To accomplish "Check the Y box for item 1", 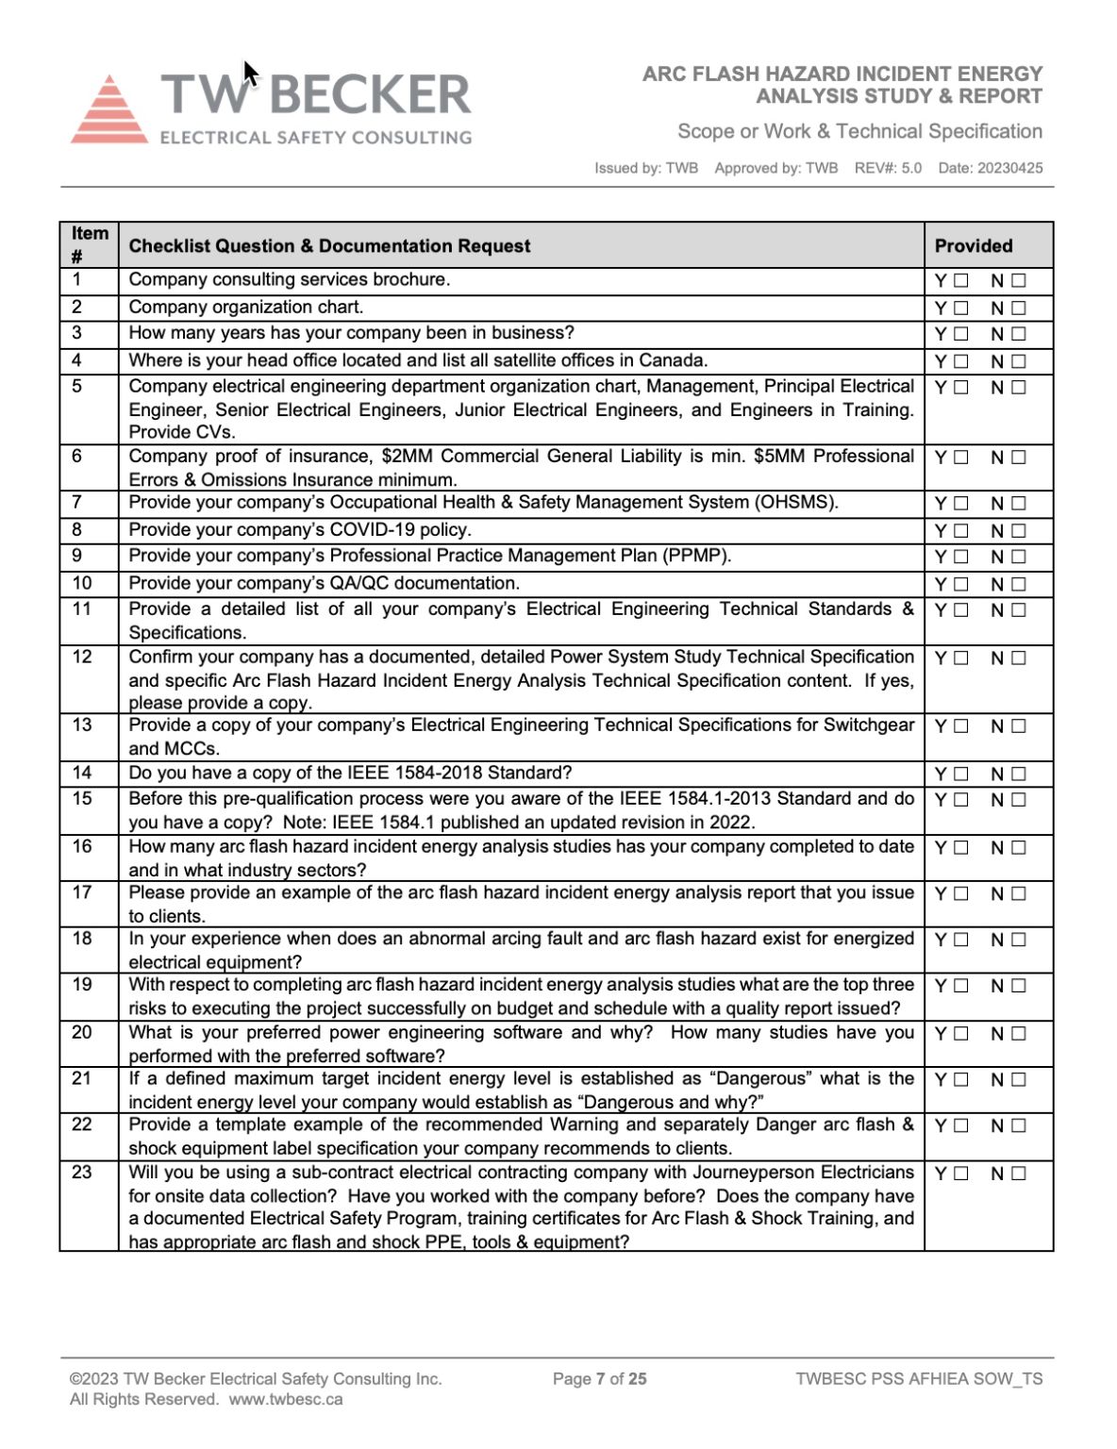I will [x=960, y=280].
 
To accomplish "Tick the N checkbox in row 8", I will [x=1018, y=531].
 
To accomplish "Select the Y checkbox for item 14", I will [x=960, y=774].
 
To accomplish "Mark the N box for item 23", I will [x=1018, y=1174].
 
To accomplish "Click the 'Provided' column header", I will [x=973, y=246].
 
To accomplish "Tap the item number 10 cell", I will [x=82, y=583].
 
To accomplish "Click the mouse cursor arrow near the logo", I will [x=249, y=74].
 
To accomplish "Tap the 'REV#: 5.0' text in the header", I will [x=888, y=168].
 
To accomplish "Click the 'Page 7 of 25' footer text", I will [x=600, y=1378].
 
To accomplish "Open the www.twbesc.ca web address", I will [x=286, y=1399].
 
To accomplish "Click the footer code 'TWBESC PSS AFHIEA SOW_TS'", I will [x=919, y=1378].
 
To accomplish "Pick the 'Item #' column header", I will [x=89, y=244].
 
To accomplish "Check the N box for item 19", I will [x=1018, y=986].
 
